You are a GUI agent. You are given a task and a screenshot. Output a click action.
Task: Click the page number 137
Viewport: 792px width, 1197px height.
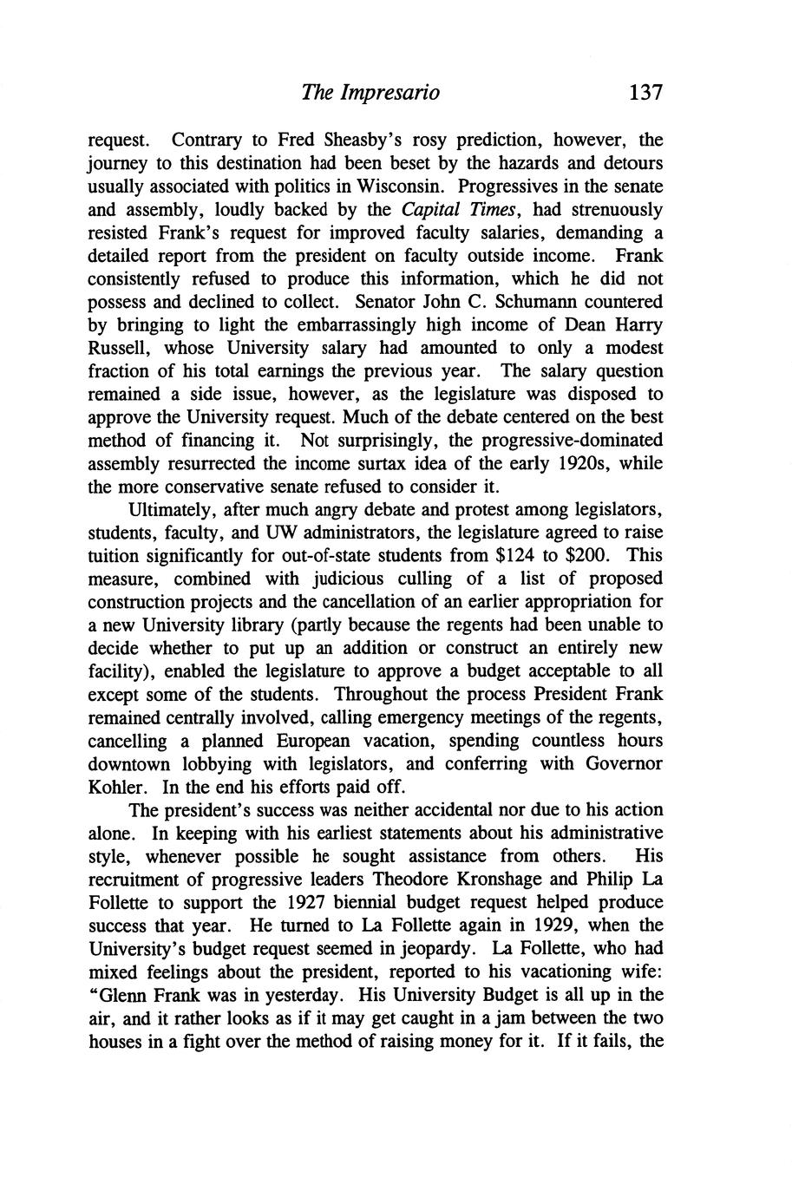pyautogui.click(x=645, y=92)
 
